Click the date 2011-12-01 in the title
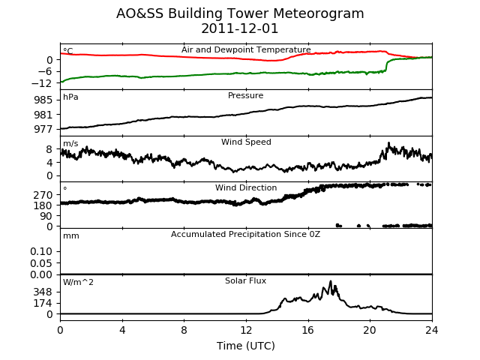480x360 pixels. (240, 28)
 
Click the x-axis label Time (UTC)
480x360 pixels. (246, 346)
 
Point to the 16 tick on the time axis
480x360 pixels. (308, 330)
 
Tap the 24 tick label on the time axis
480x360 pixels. (432, 330)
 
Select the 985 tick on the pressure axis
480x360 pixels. (43, 100)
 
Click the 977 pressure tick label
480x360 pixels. (43, 129)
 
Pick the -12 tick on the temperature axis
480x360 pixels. (40, 83)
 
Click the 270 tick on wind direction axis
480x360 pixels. (43, 195)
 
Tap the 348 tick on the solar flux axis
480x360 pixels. (43, 292)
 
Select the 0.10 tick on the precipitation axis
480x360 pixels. (41, 251)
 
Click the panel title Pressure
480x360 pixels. (245, 95)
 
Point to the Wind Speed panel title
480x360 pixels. (246, 142)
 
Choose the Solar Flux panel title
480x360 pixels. (245, 280)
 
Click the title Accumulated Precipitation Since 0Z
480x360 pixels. (245, 234)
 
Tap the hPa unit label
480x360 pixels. (70, 97)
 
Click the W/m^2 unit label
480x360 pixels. (78, 282)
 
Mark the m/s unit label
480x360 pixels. (70, 143)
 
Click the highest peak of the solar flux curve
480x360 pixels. (330, 281)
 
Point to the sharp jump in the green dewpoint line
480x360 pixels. (386, 65)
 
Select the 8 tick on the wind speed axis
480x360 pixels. (49, 149)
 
